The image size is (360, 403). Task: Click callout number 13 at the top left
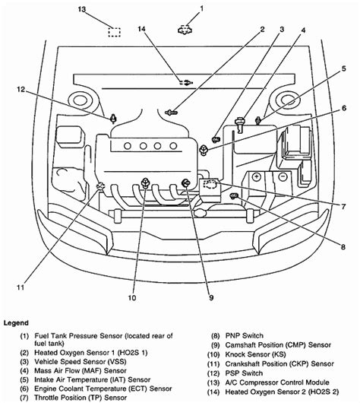pyautogui.click(x=82, y=9)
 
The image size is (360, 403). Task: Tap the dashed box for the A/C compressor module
pyautogui.click(x=114, y=32)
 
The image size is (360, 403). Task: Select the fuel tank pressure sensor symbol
pyautogui.click(x=185, y=30)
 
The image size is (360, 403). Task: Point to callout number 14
pyautogui.click(x=141, y=29)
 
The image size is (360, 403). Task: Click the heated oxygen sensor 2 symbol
pyautogui.click(x=186, y=83)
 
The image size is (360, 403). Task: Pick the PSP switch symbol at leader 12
pyautogui.click(x=113, y=119)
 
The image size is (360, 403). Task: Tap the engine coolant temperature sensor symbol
pyautogui.click(x=204, y=150)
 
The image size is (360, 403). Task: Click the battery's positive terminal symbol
pyautogui.click(x=257, y=176)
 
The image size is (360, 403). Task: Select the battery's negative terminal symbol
pyautogui.click(x=283, y=176)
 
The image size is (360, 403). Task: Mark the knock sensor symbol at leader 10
pyautogui.click(x=145, y=182)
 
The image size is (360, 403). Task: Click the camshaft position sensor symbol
pyautogui.click(x=185, y=184)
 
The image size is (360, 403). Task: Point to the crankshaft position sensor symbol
pyautogui.click(x=100, y=186)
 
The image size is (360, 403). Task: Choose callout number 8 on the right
pyautogui.click(x=343, y=247)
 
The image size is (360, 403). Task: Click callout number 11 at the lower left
pyautogui.click(x=21, y=287)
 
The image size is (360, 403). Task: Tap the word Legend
pyautogui.click(x=16, y=323)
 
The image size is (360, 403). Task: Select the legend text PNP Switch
pyautogui.click(x=245, y=335)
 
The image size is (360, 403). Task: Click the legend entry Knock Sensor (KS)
pyautogui.click(x=255, y=354)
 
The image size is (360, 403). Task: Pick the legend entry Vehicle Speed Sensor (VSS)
pyautogui.click(x=81, y=362)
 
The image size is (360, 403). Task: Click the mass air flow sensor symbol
pyautogui.click(x=240, y=124)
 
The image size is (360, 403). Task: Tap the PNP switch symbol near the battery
pyautogui.click(x=234, y=196)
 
